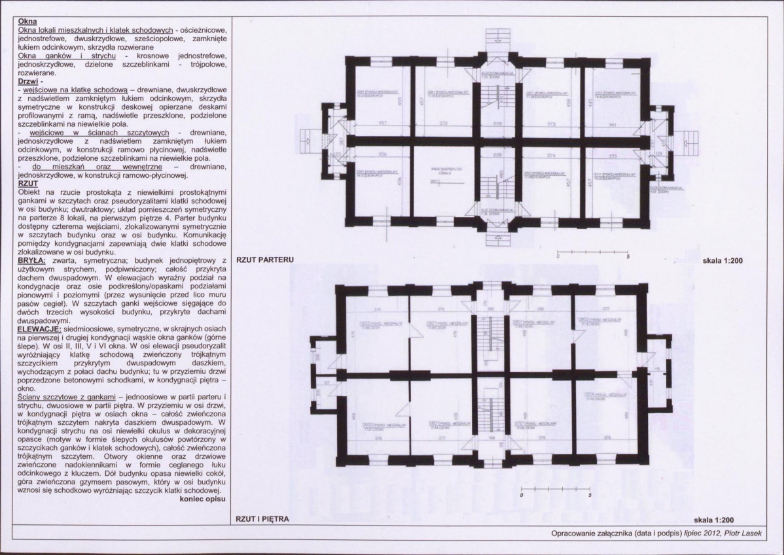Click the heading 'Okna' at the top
click(x=27, y=22)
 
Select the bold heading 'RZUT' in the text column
click(x=30, y=184)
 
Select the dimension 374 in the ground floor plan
click(x=551, y=156)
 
